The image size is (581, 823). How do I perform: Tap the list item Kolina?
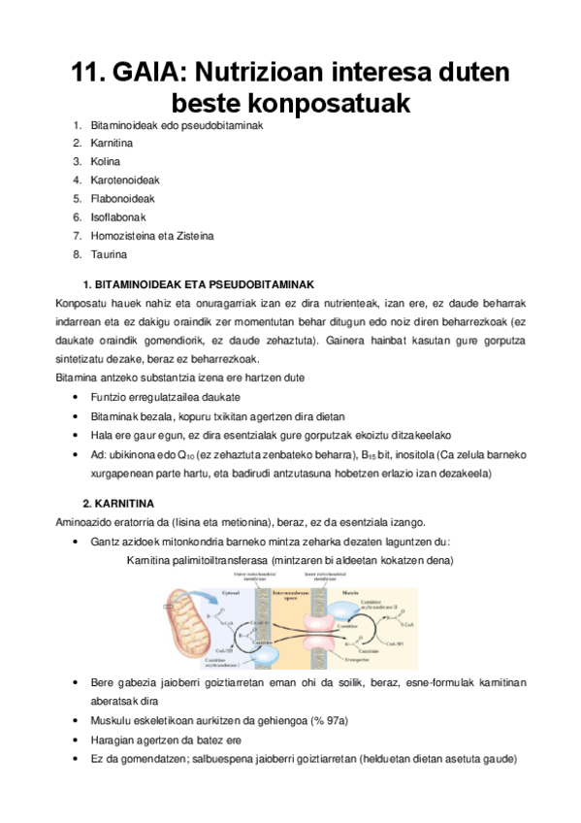(106, 162)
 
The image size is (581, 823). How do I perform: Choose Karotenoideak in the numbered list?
(125, 181)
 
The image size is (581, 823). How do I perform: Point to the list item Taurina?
(109, 254)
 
